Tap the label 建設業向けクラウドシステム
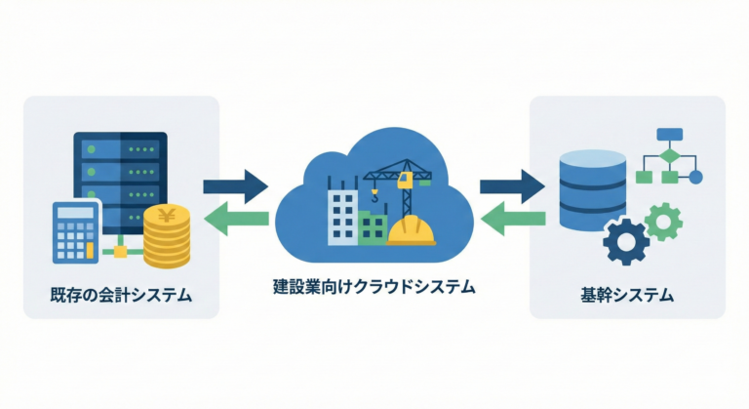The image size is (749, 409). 374,288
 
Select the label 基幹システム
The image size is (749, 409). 626,293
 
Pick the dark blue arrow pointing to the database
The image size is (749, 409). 512,184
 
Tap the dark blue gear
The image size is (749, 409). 625,240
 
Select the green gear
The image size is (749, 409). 665,220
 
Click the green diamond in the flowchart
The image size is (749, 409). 669,156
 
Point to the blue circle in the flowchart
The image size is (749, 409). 695,178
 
